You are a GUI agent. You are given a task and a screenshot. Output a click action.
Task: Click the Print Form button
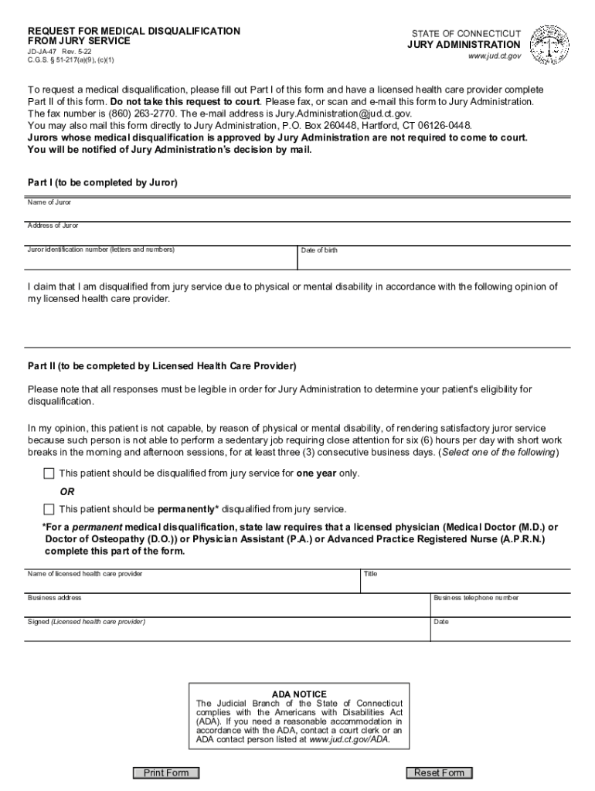coord(166,772)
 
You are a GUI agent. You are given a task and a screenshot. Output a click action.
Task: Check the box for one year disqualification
coord(49,473)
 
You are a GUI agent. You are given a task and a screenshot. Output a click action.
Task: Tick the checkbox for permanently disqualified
coord(49,509)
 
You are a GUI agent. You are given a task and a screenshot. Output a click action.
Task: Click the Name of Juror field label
coord(49,202)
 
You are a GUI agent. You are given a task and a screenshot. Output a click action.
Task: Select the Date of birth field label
coord(319,250)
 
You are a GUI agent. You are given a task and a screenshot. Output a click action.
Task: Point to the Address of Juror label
coord(53,226)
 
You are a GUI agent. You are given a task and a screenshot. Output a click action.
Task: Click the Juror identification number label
coord(101,250)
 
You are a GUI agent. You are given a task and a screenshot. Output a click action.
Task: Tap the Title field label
coord(370,574)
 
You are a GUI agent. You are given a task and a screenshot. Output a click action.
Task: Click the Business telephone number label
coord(476,598)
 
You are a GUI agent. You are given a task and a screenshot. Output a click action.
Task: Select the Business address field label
coord(54,598)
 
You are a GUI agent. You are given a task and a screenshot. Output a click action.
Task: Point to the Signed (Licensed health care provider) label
coord(87,622)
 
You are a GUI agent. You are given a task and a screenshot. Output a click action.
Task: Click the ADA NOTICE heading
coord(299,694)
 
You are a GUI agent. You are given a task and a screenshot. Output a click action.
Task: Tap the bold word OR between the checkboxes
coord(67,491)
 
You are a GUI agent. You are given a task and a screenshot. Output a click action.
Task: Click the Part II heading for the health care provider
coord(161,365)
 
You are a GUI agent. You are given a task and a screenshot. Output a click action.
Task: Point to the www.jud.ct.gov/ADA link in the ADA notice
coord(349,739)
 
